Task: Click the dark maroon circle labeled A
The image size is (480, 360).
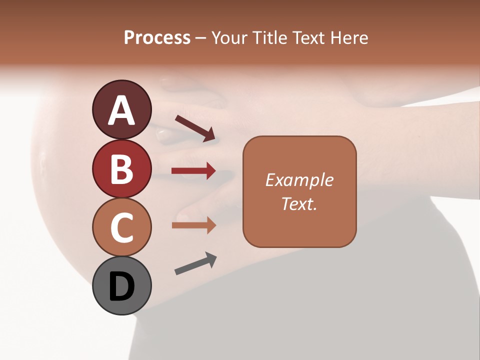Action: [x=121, y=110]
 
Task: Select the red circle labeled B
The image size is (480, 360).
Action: [x=121, y=169]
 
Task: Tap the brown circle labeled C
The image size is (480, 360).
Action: [x=121, y=227]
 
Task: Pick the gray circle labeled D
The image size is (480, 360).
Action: [x=121, y=286]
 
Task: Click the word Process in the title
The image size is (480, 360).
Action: [x=157, y=37]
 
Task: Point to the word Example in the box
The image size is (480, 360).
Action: [x=299, y=180]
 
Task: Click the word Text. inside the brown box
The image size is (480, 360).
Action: [x=299, y=204]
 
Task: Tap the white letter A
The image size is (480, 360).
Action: [x=121, y=110]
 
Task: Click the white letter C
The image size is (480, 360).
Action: [x=121, y=228]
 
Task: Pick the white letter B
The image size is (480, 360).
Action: [x=121, y=169]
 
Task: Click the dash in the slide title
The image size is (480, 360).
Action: [x=201, y=38]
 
